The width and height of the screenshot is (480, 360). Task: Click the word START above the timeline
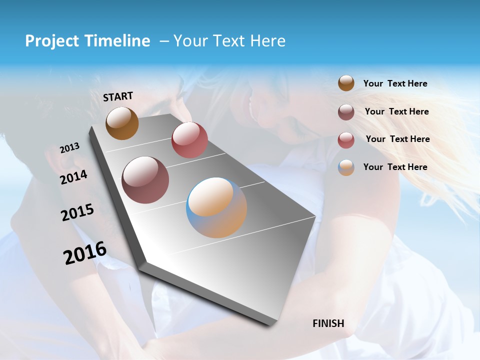[118, 96]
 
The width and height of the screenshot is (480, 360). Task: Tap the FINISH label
[328, 323]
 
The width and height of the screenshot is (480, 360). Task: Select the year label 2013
[69, 148]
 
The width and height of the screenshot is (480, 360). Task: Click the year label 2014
[73, 177]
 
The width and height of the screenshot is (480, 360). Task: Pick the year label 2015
[77, 212]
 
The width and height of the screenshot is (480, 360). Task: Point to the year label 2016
[85, 252]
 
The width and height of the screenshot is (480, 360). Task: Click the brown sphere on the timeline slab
[122, 123]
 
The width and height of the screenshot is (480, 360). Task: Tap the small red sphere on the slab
[189, 139]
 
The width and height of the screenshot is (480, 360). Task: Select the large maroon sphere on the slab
[145, 179]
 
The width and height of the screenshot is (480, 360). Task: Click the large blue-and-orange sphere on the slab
[216, 207]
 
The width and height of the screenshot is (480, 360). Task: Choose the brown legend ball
[346, 83]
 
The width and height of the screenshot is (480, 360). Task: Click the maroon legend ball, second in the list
[346, 112]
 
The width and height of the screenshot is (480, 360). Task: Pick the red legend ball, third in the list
[346, 140]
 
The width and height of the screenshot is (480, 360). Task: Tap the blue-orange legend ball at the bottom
[346, 167]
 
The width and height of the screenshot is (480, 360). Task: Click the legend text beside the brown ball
[395, 83]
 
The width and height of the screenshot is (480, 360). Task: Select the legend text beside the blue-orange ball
[395, 167]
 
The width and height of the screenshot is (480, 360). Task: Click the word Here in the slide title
[267, 41]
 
